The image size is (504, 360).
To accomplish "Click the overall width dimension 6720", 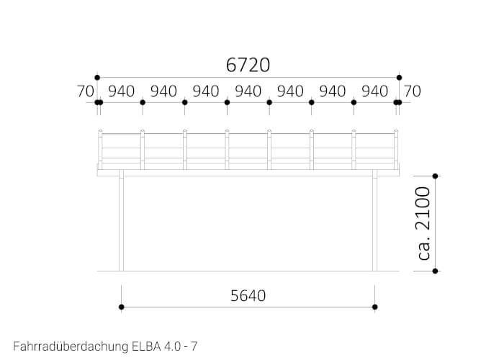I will [x=248, y=66].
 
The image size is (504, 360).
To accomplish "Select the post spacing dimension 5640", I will [x=248, y=295].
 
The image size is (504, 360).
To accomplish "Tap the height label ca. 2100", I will [x=423, y=223].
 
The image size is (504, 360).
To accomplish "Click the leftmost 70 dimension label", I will [x=86, y=91].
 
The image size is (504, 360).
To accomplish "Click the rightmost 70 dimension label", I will [x=412, y=91].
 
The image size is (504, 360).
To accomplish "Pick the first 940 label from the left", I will [x=122, y=91].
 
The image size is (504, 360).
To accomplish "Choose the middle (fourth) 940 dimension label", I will [x=248, y=91].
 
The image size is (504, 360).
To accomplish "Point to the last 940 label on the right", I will [x=374, y=91].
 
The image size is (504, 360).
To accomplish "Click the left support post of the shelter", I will [x=122, y=223].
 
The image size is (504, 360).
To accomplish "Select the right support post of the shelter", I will [x=374, y=223].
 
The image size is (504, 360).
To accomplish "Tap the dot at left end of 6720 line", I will [x=97, y=77].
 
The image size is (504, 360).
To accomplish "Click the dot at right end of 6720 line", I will [x=399, y=77].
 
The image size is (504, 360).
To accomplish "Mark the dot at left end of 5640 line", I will [x=122, y=307].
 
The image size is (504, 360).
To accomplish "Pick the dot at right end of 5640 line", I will [x=374, y=307].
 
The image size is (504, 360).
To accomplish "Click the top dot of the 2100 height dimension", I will [x=435, y=176].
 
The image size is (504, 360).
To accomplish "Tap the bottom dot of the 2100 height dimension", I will [x=435, y=271].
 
